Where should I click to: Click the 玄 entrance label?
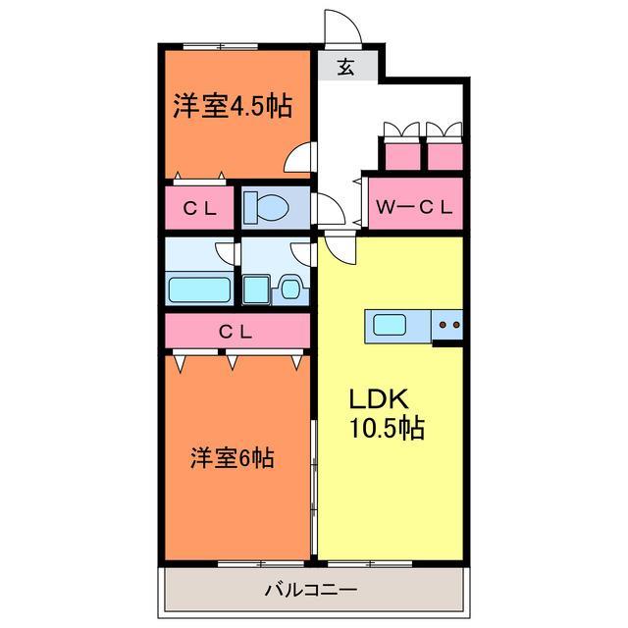(346, 68)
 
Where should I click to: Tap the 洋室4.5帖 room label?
(234, 106)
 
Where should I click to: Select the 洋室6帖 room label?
(232, 457)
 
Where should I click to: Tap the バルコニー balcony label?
(310, 591)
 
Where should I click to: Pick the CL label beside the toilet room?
(201, 207)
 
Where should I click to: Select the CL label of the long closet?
(235, 332)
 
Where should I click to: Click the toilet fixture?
(266, 207)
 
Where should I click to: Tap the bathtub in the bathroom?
(199, 288)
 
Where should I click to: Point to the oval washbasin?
(291, 288)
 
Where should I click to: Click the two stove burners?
(450, 324)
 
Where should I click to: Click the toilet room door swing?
(324, 207)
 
